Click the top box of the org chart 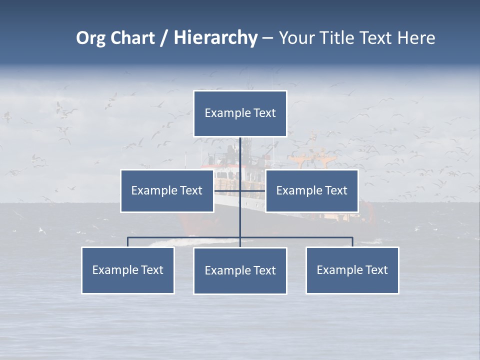[240, 113]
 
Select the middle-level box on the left [167, 190]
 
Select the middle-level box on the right [311, 190]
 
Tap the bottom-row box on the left [127, 270]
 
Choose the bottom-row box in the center [240, 270]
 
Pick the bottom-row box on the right [352, 270]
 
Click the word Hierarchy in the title [215, 38]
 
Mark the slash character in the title [164, 38]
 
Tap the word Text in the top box [264, 113]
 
